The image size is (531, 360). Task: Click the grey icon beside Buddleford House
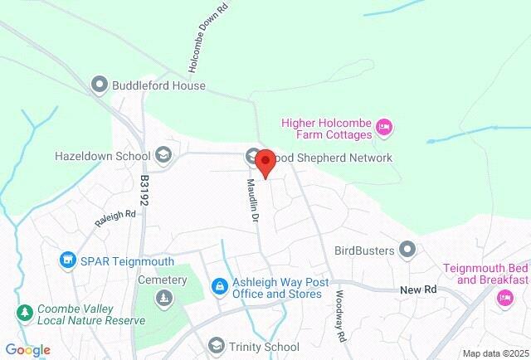point(100,85)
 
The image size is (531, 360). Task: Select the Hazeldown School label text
point(100,155)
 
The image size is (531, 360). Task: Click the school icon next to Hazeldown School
point(163,155)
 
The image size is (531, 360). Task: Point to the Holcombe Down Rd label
point(197,40)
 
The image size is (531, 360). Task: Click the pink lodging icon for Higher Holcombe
point(383,128)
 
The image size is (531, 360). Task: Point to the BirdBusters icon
point(407,249)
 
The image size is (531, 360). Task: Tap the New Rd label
point(417,289)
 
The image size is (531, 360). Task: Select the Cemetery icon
point(164,298)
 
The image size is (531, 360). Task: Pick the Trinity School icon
point(217,346)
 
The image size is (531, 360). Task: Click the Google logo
point(27,350)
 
